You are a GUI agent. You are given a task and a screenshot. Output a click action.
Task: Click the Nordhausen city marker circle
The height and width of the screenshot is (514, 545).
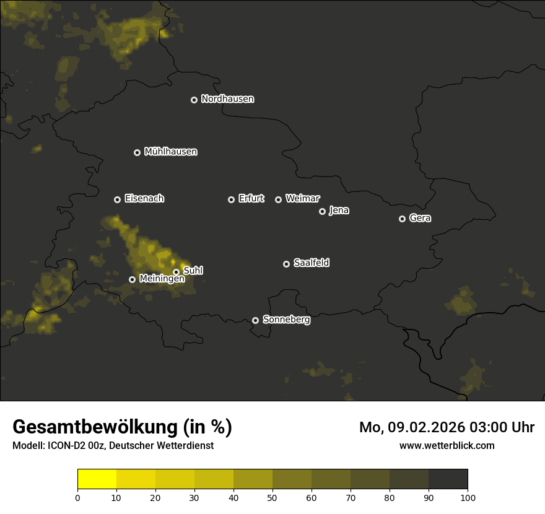pyautogui.click(x=194, y=100)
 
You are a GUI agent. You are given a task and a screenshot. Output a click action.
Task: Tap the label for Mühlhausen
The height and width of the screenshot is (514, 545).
pyautogui.click(x=170, y=152)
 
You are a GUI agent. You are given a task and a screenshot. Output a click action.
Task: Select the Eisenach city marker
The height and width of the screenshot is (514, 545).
pyautogui.click(x=117, y=199)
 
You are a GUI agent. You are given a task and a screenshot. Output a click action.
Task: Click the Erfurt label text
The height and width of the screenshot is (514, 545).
pyautogui.click(x=251, y=199)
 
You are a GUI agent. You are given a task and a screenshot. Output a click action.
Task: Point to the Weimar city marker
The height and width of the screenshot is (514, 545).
pyautogui.click(x=278, y=199)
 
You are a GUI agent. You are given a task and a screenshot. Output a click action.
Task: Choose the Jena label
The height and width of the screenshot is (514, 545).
pyautogui.click(x=339, y=211)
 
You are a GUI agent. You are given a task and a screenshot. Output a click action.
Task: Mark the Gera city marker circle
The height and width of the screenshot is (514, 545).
pyautogui.click(x=402, y=219)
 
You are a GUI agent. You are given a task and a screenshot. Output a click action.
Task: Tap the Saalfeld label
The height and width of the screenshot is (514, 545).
pyautogui.click(x=311, y=263)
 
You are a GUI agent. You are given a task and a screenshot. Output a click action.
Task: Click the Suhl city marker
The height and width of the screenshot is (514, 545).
pyautogui.click(x=176, y=272)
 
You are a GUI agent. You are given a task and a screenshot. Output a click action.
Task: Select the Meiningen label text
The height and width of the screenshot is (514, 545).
pyautogui.click(x=162, y=279)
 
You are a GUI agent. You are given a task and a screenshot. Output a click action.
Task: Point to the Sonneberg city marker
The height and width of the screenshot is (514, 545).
pyautogui.click(x=255, y=320)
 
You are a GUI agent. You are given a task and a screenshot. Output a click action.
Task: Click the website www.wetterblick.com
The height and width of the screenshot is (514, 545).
pyautogui.click(x=447, y=445)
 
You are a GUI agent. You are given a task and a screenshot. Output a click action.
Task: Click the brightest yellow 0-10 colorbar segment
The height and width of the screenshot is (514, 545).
pyautogui.click(x=97, y=479)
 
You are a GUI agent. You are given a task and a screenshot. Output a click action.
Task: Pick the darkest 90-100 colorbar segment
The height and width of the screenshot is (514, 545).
pyautogui.click(x=448, y=479)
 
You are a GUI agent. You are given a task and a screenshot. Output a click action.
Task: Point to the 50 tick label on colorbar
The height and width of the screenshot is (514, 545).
pyautogui.click(x=272, y=498)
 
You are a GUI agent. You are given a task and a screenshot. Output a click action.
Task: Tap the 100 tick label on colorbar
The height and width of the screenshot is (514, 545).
pyautogui.click(x=468, y=498)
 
